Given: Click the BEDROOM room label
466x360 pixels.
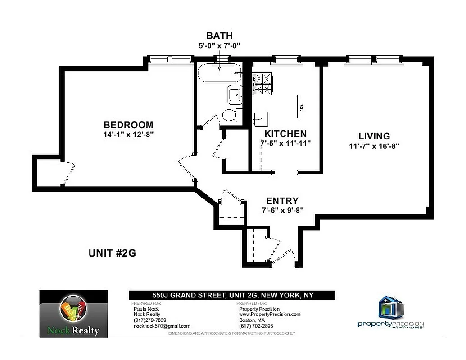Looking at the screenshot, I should tap(128, 125).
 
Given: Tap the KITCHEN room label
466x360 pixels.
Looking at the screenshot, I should tap(285, 134).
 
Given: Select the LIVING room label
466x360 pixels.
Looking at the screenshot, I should tap(374, 136).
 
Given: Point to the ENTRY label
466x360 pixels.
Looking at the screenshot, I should tap(282, 201).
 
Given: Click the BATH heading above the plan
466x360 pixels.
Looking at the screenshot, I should tap(219, 36).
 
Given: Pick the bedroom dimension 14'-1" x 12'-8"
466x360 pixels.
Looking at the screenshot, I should tap(128, 134).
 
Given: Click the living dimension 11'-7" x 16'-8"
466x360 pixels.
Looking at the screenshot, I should tap(374, 146).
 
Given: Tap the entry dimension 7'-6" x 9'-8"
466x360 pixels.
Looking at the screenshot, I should tap(282, 210).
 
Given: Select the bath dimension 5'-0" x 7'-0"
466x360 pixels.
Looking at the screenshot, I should tap(219, 45).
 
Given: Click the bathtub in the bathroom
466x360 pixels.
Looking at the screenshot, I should tap(220, 73).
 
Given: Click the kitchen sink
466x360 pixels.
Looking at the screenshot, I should tap(261, 119).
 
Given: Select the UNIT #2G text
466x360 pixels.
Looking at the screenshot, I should tap(112, 253).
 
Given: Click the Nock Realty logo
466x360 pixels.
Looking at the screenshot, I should tap(73, 314).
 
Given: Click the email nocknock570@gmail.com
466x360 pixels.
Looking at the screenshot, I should tap(162, 326).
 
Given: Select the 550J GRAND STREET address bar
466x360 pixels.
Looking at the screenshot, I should tap(232, 295).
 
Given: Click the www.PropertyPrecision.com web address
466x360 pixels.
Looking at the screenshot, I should tap(269, 315).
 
